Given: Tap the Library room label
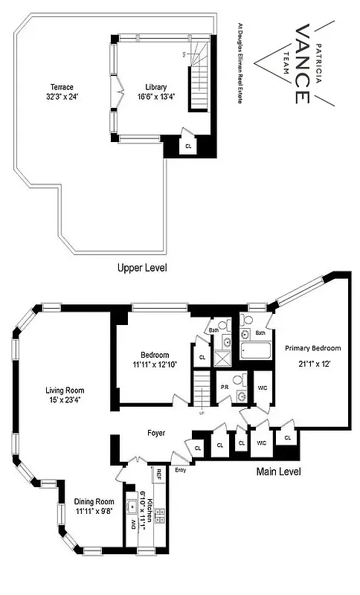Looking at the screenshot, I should click(x=152, y=91).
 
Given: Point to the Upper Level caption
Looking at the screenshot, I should click(x=142, y=268).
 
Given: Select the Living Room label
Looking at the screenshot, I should click(x=65, y=395).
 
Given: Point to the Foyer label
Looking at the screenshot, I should click(x=155, y=433).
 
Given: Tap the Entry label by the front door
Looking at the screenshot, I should click(x=180, y=470).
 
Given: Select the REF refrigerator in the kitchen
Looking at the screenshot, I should click(x=158, y=473).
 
